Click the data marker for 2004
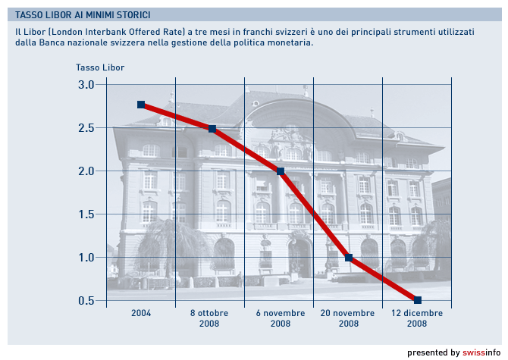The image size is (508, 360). click(x=141, y=105)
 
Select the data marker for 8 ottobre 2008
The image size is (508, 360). click(x=212, y=129)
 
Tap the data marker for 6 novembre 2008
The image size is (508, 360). click(x=281, y=171)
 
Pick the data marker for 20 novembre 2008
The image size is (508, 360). click(x=349, y=258)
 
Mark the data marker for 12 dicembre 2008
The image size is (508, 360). click(x=418, y=300)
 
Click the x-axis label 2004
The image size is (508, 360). click(x=141, y=313)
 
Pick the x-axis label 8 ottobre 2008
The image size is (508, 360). click(x=209, y=318)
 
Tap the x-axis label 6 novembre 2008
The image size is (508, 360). click(x=281, y=318)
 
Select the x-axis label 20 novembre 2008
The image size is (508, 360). click(x=349, y=318)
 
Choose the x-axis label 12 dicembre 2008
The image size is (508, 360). click(x=417, y=318)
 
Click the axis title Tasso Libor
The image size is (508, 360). click(x=100, y=67)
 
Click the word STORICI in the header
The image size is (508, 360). click(x=130, y=14)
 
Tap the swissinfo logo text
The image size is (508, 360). click(x=481, y=352)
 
